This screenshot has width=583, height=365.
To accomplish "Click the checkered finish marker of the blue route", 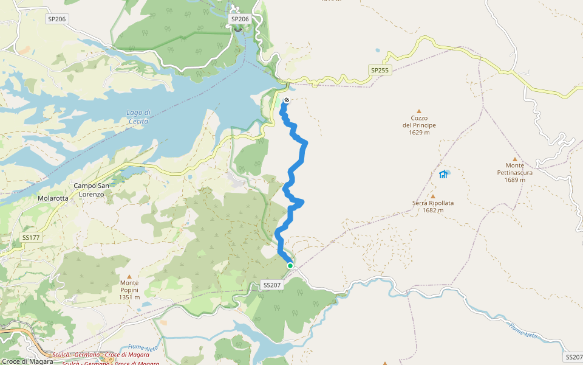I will point(286,100).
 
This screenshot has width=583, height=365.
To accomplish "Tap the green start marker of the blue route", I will point(290,266).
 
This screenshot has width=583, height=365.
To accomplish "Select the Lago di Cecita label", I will point(138,116).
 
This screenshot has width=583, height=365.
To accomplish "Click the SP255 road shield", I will point(380,71).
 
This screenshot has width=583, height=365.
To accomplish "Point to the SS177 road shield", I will point(30,237).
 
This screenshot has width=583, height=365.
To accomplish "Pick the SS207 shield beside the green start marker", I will point(271,285).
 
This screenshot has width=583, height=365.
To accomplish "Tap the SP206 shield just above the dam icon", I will point(240,19).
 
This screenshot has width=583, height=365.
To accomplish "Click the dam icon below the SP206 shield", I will point(239,28).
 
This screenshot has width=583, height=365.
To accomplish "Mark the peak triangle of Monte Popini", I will point(129,276).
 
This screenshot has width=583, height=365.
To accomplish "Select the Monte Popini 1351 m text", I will point(129,290).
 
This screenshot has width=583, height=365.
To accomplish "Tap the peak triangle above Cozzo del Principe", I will point(423,111).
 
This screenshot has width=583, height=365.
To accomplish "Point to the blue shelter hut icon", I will point(443,175).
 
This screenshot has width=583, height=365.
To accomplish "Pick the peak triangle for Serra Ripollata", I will point(433,196).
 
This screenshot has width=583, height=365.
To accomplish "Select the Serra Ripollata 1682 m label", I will point(433,207).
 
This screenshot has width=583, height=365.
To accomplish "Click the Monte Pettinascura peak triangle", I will point(514,159).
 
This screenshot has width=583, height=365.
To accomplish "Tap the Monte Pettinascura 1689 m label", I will point(514,172).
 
